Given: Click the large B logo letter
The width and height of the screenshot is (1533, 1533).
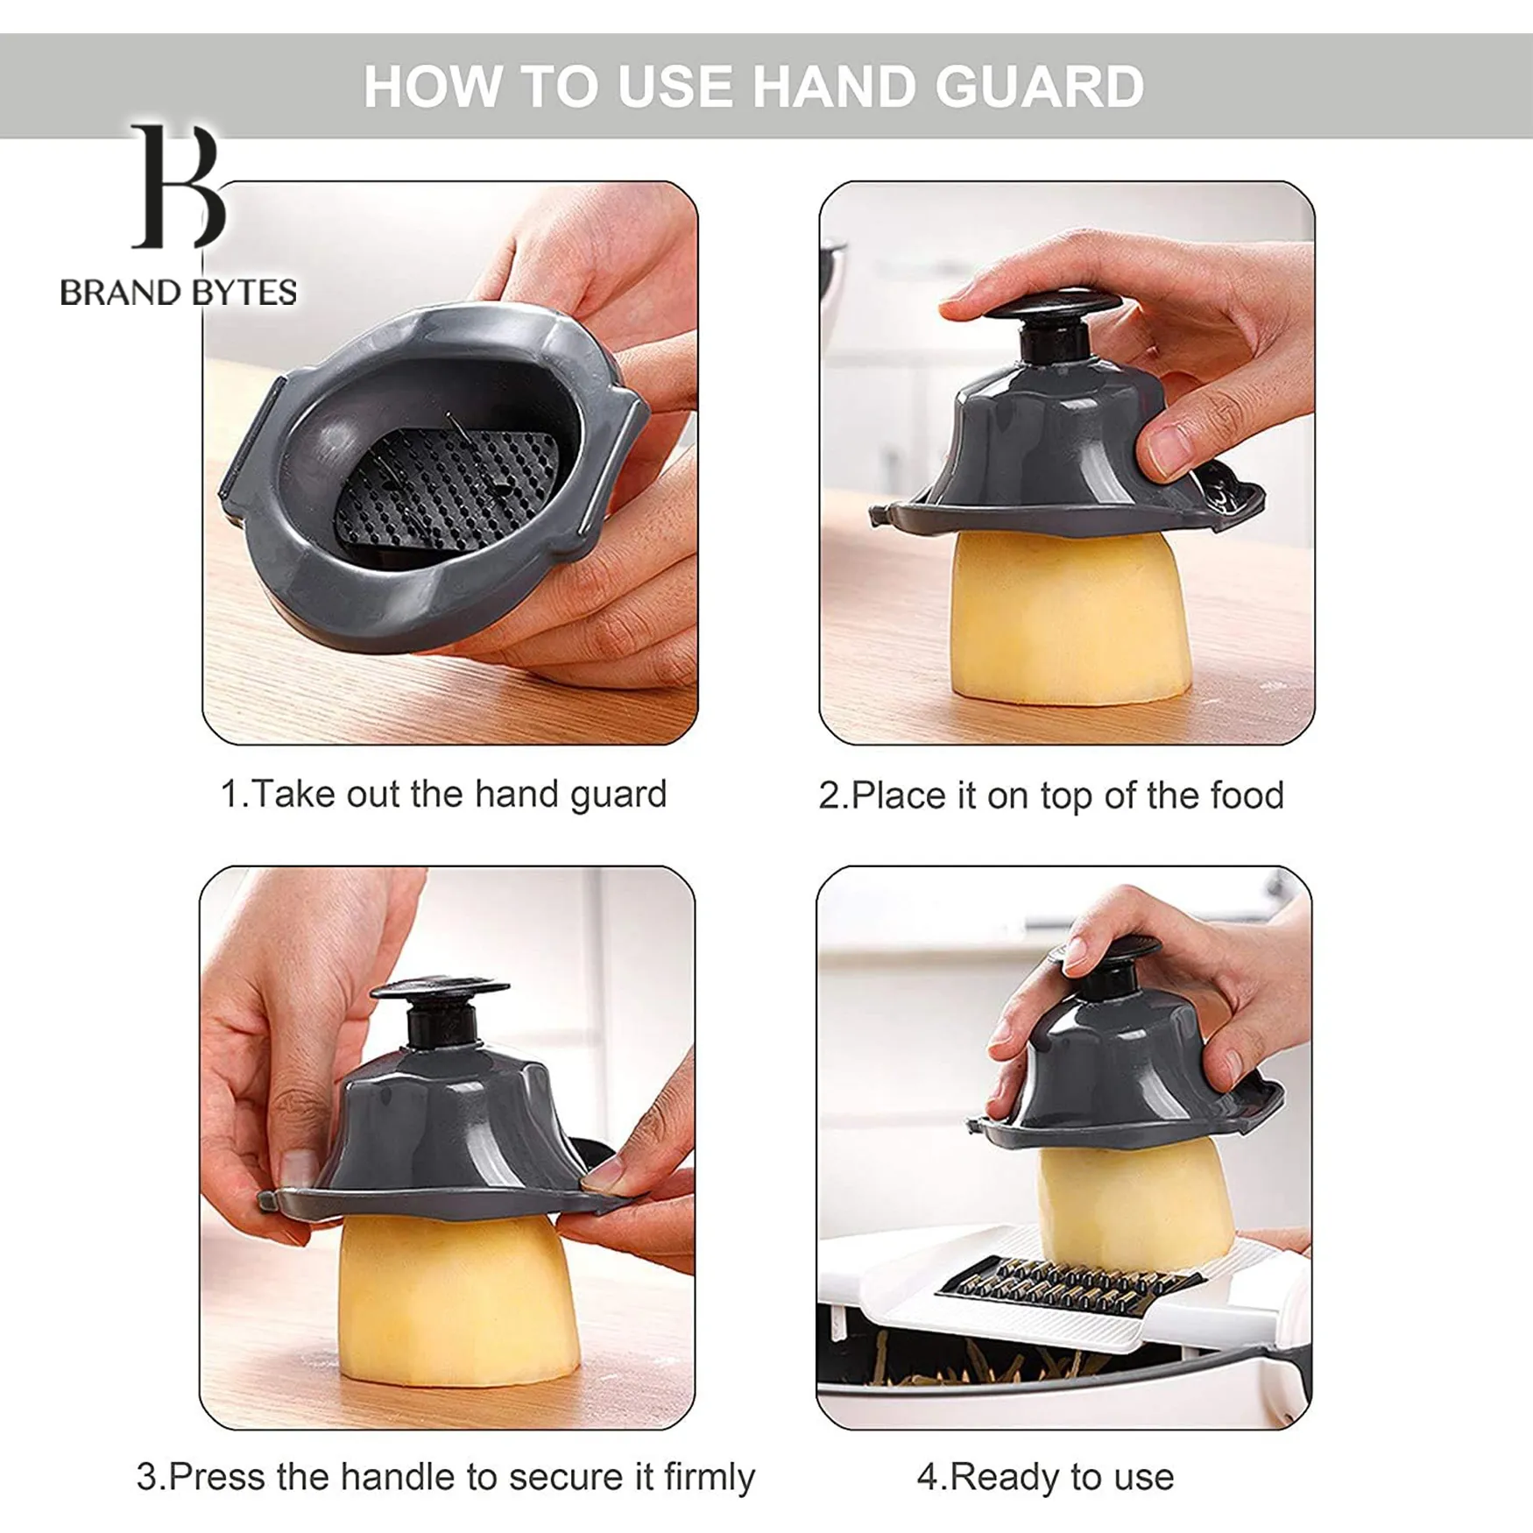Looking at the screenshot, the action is pos(179,186).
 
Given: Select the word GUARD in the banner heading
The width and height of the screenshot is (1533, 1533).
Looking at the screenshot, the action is pos(1039,86).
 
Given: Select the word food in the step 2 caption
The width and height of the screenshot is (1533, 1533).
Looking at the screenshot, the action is pos(1247,795).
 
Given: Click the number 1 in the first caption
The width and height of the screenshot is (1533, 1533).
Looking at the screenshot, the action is pos(230,795).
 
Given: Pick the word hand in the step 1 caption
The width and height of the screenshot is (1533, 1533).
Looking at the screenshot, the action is pos(517,794).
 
